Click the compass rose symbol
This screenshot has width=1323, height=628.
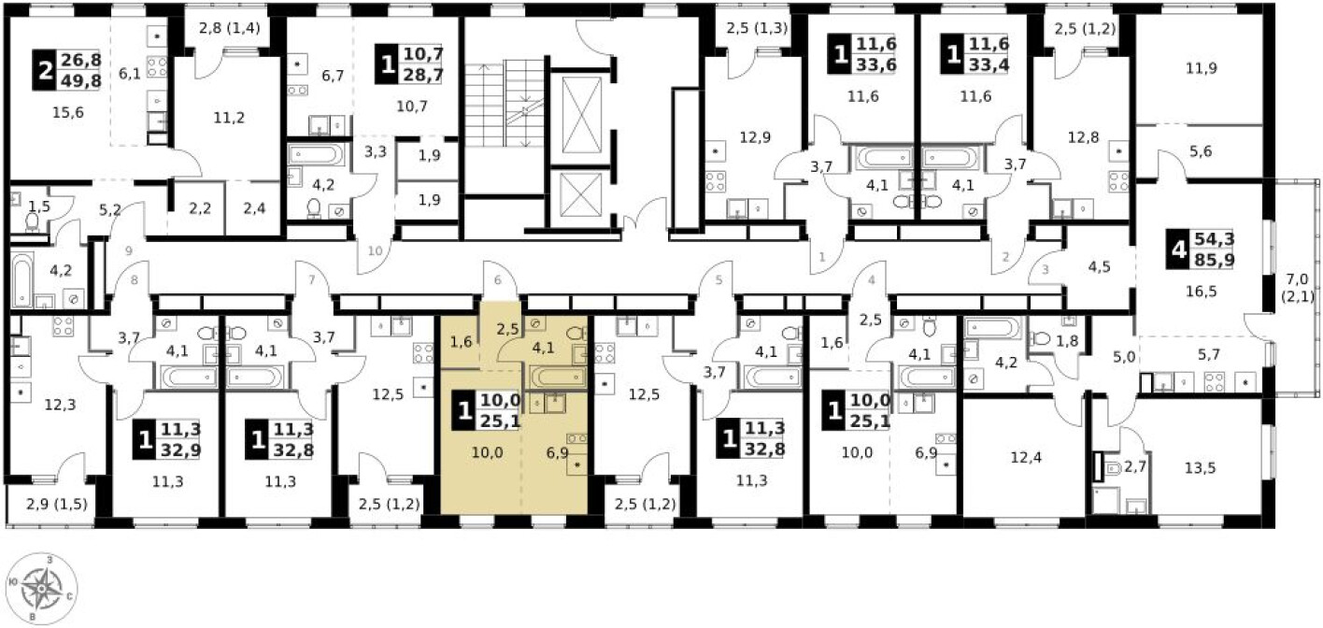point(42,590)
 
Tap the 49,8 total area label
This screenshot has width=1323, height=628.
point(81,79)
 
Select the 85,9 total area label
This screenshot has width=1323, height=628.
point(1215,259)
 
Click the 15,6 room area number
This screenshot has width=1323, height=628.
point(68,112)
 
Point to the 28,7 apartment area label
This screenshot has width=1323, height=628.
point(423,75)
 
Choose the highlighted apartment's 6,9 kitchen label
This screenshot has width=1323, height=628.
point(557,453)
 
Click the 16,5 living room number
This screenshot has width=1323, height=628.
point(1202,291)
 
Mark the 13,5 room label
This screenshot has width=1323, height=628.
point(1201,468)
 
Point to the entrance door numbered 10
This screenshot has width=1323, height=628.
point(376,250)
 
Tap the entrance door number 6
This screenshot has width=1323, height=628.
point(497,280)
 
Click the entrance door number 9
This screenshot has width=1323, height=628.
point(129,250)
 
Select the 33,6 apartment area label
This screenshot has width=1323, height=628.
point(876,64)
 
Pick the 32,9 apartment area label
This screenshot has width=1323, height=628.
point(180,450)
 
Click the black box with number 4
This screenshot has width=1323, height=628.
point(1178,250)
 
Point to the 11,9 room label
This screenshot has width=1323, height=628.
point(1202,68)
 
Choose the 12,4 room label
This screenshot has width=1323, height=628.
point(1026,457)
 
